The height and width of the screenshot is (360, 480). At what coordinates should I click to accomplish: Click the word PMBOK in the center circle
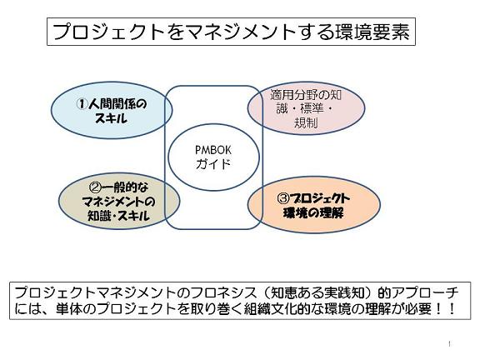tap(213, 150)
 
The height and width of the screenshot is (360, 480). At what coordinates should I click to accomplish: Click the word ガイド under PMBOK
tap(213, 164)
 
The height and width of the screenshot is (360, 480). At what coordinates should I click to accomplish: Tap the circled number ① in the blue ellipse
tap(82, 104)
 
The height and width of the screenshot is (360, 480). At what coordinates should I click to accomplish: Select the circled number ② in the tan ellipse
tap(95, 187)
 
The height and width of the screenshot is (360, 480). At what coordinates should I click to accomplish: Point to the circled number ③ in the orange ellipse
tap(282, 198)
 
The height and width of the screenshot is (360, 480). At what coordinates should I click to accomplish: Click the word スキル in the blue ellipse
tap(111, 118)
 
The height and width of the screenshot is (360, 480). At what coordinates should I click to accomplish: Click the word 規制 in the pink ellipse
tap(306, 122)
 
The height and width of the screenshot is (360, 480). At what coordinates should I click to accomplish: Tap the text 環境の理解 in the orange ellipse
tap(313, 212)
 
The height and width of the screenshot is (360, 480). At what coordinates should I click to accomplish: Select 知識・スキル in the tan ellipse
tap(119, 216)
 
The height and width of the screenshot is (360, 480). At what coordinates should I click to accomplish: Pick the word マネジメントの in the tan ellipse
tap(119, 202)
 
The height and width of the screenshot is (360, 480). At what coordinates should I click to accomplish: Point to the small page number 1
tap(449, 344)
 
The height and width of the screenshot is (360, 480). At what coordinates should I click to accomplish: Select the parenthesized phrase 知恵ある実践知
tap(313, 293)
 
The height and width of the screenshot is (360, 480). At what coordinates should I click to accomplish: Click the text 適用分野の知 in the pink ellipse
tap(306, 95)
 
